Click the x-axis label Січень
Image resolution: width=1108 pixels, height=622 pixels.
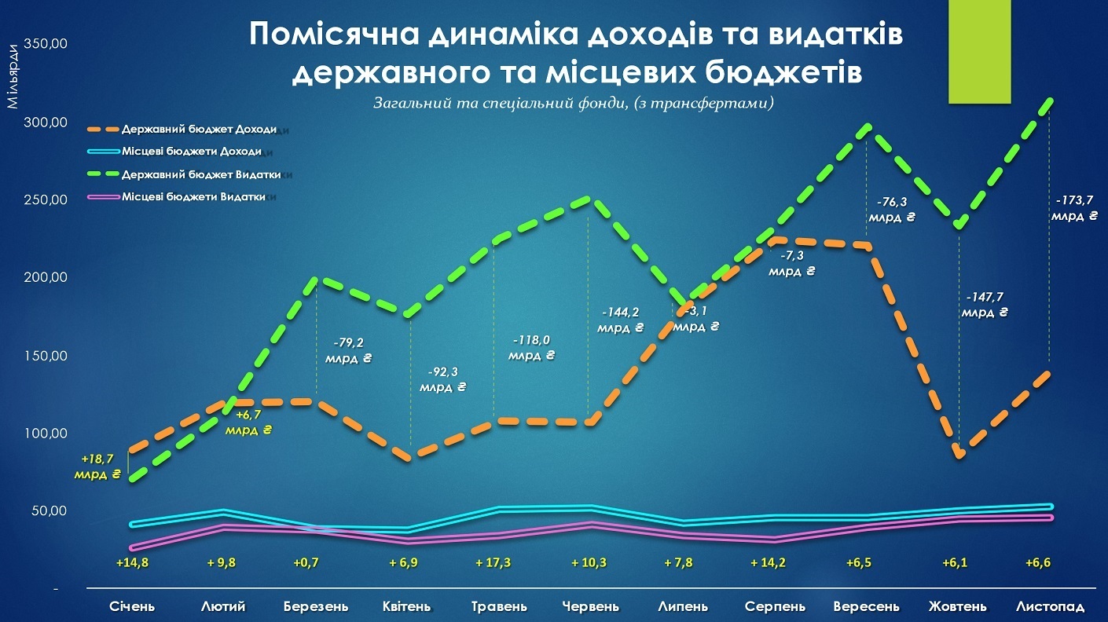click(132, 607)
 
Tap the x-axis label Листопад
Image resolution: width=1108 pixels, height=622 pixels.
click(1050, 607)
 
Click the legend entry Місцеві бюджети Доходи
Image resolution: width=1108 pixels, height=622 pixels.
click(191, 151)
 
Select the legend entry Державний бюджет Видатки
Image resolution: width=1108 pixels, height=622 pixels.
click(201, 174)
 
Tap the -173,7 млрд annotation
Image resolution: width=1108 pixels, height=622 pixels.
click(1073, 208)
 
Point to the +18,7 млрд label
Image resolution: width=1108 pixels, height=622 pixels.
click(97, 466)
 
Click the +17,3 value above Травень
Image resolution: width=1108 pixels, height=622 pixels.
click(493, 563)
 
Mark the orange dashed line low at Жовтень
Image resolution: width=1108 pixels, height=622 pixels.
click(959, 456)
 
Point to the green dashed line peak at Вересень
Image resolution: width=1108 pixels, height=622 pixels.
click(866, 126)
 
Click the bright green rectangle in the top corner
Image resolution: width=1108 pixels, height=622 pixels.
click(979, 52)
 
